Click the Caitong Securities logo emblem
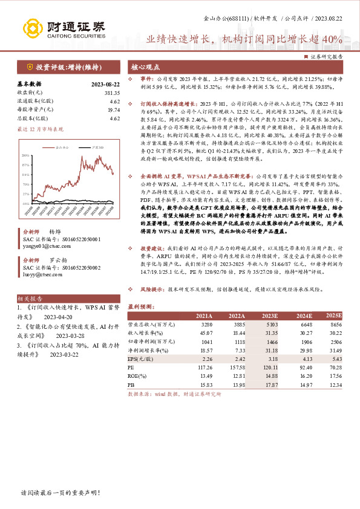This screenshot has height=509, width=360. pos(31,28)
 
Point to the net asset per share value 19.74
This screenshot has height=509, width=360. pos(114,111)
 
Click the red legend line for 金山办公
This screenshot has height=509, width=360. pos(50,147)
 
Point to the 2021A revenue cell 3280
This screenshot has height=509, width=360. pos(205,324)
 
